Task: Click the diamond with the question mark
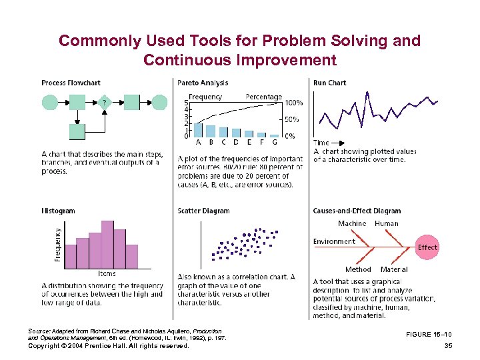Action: tap(104, 103)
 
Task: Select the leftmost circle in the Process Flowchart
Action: tap(50, 102)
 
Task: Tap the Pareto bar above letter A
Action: tap(198, 130)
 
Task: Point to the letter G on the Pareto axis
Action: tap(274, 141)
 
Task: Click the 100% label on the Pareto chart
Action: tap(294, 103)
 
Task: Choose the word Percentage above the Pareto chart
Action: tap(264, 97)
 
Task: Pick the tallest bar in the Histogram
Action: tap(107, 242)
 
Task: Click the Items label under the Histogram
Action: tap(107, 273)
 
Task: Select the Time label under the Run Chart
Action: tap(321, 143)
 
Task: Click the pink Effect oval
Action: tap(427, 247)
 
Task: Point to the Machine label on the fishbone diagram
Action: tap(351, 223)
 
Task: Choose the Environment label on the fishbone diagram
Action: tap(334, 241)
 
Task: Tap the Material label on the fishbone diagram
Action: tap(394, 269)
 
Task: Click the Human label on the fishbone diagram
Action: tap(387, 223)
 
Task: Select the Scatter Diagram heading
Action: tap(203, 211)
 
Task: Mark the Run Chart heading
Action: tap(329, 83)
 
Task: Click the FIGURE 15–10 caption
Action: tap(429, 335)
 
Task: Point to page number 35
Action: tap(447, 346)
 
